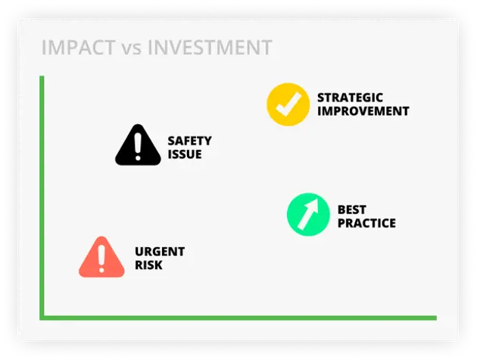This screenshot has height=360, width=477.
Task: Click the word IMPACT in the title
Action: (x=79, y=48)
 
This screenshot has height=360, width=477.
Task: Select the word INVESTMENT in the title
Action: (x=210, y=48)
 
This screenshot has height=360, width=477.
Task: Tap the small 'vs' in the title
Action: (x=132, y=49)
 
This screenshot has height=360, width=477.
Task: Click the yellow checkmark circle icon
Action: (x=288, y=105)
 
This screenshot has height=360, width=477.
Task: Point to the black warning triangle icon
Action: (x=138, y=146)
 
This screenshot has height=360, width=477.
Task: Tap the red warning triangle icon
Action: (x=101, y=258)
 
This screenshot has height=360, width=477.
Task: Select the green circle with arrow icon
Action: (x=308, y=214)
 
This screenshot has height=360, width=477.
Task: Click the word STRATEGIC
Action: (x=350, y=98)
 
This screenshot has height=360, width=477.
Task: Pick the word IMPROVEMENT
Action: (x=363, y=111)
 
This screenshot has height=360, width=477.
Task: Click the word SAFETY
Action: (x=189, y=141)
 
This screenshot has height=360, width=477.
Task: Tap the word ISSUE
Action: (x=185, y=154)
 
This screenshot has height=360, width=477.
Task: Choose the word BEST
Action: (x=351, y=209)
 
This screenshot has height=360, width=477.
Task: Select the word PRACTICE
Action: (x=366, y=224)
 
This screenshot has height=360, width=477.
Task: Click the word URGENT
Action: (x=160, y=252)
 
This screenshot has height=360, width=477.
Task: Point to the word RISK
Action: (x=148, y=265)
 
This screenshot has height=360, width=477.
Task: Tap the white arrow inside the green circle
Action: (x=308, y=214)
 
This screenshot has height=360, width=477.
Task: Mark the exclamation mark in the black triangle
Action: (x=138, y=147)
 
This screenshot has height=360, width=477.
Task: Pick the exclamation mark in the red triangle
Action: (x=101, y=259)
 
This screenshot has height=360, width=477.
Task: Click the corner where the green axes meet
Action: (x=42, y=318)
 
